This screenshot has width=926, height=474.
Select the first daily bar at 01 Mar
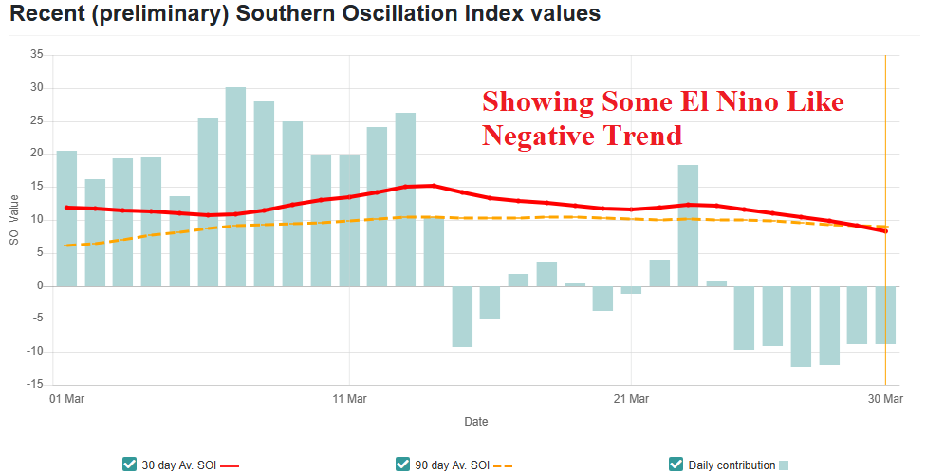click(66, 218)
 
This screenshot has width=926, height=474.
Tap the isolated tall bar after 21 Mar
click(688, 226)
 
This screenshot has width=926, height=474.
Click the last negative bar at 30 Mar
click(885, 315)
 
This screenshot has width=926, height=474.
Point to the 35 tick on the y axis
click(37, 55)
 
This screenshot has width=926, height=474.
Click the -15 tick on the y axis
click(35, 384)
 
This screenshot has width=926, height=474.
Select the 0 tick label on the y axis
click(40, 285)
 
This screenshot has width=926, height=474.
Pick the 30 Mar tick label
click(885, 400)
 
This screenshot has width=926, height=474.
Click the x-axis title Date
click(476, 421)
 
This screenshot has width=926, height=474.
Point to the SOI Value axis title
click(13, 220)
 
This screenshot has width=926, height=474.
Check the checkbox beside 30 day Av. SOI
click(130, 464)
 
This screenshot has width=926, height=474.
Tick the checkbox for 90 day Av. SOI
click(403, 464)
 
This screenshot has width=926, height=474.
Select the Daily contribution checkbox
click(676, 464)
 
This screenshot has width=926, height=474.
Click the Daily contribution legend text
click(731, 465)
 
